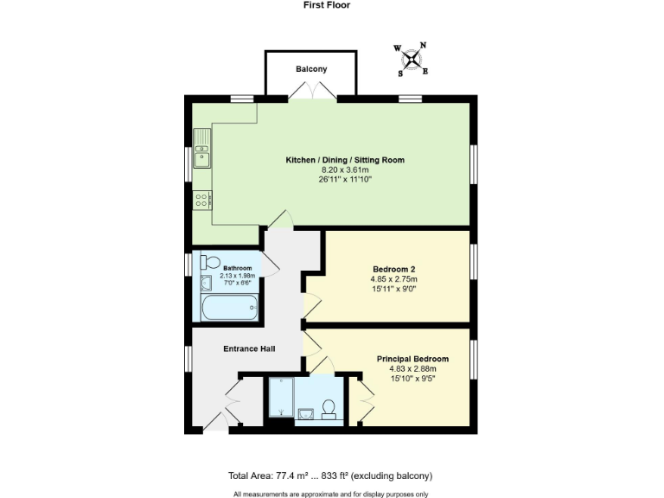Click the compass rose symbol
[x=412, y=59]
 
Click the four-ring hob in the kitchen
[x=202, y=201]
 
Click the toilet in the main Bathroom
[x=210, y=262]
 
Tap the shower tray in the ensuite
[x=281, y=399]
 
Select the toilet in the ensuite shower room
[x=329, y=407]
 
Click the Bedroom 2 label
[x=393, y=269]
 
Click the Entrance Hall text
[x=249, y=348]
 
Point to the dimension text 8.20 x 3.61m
[x=345, y=170]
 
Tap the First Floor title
[x=327, y=5]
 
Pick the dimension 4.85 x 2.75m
[x=393, y=279]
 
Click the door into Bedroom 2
[x=311, y=305]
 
